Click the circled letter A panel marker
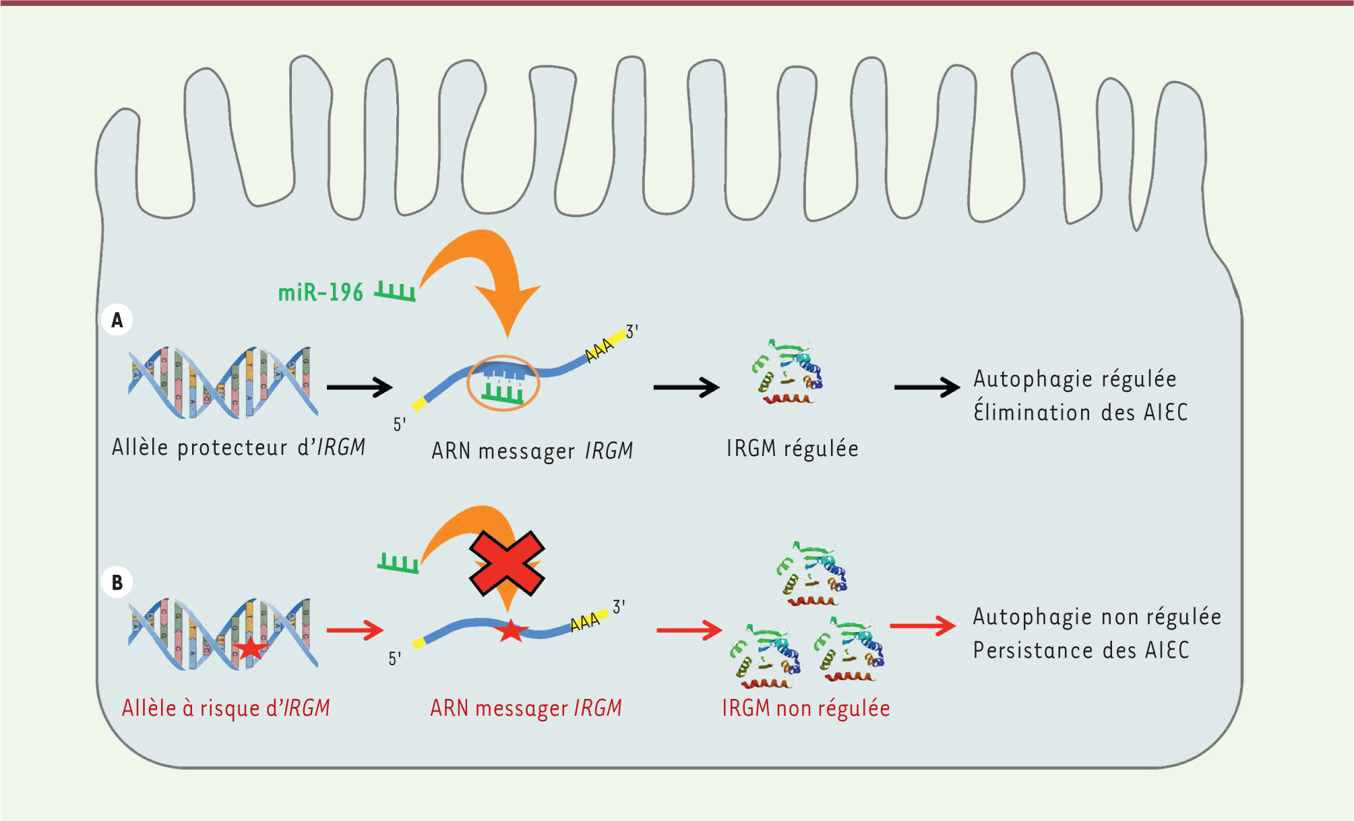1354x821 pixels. [x=117, y=320]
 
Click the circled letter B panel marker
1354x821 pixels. [x=117, y=582]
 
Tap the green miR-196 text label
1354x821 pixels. [x=321, y=293]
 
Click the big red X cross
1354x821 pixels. [x=507, y=563]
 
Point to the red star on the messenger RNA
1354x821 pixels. [x=510, y=631]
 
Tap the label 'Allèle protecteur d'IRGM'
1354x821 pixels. [x=239, y=447]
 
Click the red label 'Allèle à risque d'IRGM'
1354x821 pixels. [x=226, y=708]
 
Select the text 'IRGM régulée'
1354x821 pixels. [x=792, y=449]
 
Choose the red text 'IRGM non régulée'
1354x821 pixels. [x=805, y=708]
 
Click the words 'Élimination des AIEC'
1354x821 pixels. [x=1080, y=412]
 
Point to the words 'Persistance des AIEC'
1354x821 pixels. [x=1080, y=650]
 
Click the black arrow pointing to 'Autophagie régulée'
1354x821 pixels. [x=927, y=387]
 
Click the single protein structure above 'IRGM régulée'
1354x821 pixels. [x=787, y=372]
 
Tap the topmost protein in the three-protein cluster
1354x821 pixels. [x=811, y=573]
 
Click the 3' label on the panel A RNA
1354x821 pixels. [x=632, y=331]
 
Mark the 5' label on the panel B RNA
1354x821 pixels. [x=394, y=658]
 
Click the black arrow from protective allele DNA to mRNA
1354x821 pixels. [x=359, y=387]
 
